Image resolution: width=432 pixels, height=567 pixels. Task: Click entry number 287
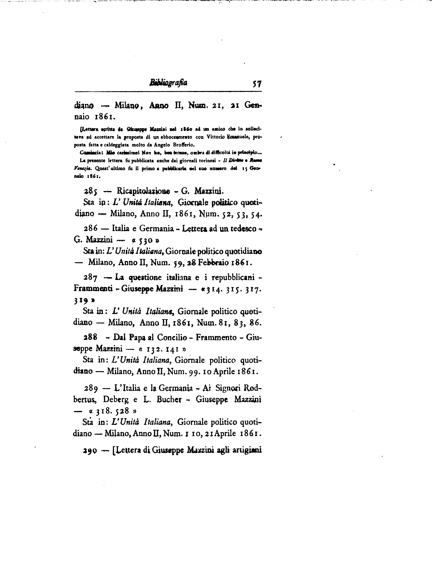91,278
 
